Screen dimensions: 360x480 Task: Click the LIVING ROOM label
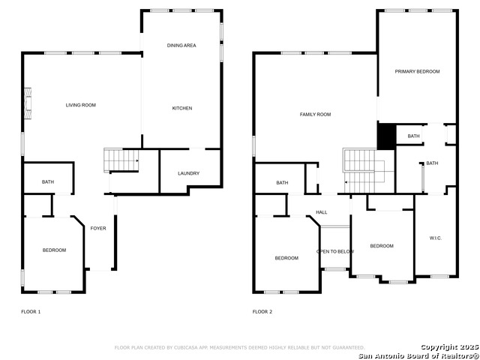coord(80,105)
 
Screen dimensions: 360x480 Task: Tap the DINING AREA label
coord(181,46)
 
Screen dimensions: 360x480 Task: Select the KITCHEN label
coord(182,108)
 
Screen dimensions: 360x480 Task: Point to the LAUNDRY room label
coord(188,173)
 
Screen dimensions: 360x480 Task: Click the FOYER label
coord(98,228)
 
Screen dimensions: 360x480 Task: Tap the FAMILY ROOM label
coord(315,115)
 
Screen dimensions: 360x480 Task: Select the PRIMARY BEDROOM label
coord(417,71)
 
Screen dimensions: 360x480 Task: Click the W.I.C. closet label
coord(435,238)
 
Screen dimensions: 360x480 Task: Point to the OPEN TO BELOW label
coord(335,251)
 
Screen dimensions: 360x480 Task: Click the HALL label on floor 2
coord(321,212)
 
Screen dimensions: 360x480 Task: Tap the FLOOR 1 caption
coord(31,311)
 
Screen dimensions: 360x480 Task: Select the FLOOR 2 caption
coord(262,311)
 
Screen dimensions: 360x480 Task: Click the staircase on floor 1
coord(121,160)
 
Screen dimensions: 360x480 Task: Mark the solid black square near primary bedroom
coord(385,136)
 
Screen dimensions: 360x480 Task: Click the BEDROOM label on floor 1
coord(53,250)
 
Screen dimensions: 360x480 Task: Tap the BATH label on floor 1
coord(48,182)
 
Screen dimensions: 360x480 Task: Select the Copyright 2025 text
coord(448,346)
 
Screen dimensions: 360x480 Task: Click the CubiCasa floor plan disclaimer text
coord(239,347)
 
